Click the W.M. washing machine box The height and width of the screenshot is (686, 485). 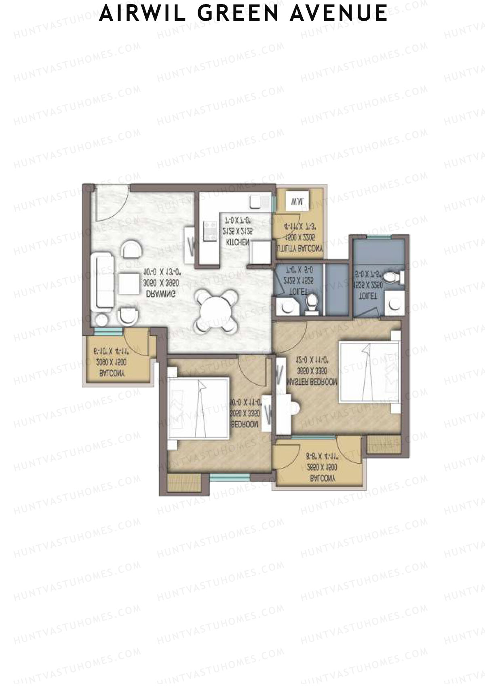click(x=297, y=201)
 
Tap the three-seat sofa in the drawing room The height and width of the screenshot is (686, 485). click(x=103, y=282)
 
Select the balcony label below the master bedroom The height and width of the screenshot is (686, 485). click(x=323, y=478)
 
